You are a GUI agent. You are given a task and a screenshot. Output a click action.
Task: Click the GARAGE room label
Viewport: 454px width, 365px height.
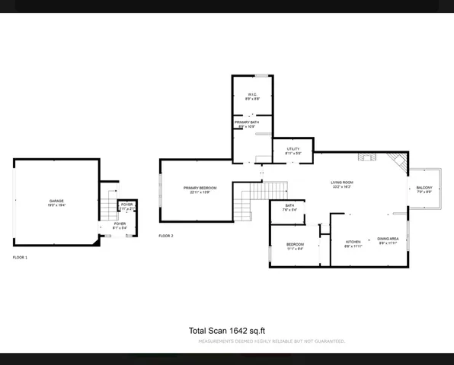[57, 201]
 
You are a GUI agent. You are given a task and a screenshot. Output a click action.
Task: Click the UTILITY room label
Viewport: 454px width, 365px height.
[293, 149]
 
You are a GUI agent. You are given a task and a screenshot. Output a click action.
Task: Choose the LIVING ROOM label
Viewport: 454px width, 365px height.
[341, 182]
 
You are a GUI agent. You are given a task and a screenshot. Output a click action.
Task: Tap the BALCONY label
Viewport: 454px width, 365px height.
[424, 188]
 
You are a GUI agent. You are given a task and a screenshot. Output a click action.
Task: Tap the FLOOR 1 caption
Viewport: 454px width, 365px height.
[20, 258]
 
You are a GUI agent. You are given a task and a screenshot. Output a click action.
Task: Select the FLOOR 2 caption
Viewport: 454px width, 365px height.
[166, 236]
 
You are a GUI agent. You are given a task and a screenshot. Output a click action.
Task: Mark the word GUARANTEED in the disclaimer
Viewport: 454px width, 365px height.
[328, 341]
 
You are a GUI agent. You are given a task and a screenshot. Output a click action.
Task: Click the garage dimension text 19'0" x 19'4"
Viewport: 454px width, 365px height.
[57, 205]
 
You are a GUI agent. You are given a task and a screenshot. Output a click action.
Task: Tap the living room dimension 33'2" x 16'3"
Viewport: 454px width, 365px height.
[341, 187]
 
